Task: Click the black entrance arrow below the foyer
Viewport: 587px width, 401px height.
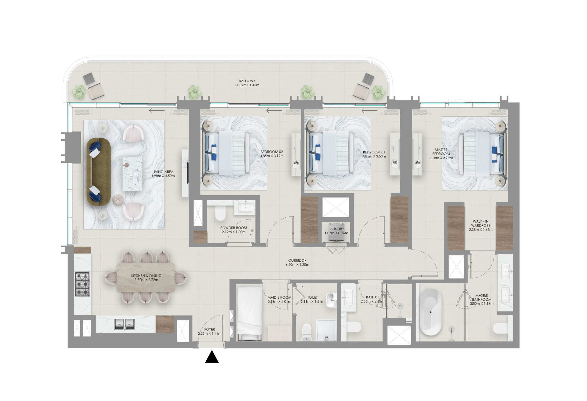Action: pyautogui.click(x=212, y=357)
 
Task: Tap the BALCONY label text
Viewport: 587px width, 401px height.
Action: pyautogui.click(x=247, y=81)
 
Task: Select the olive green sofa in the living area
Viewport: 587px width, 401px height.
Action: pyautogui.click(x=99, y=172)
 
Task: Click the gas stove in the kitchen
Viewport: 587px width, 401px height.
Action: pyautogui.click(x=82, y=284)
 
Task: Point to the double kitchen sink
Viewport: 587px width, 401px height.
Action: pyautogui.click(x=124, y=324)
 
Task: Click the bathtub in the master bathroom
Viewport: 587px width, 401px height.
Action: pyautogui.click(x=430, y=312)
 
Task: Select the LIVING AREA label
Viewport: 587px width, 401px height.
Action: pyautogui.click(x=163, y=172)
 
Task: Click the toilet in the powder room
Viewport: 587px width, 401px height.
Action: pyautogui.click(x=220, y=214)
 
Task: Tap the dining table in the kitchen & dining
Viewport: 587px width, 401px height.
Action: pyautogui.click(x=146, y=277)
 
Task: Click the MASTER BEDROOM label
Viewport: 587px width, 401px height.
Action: pyautogui.click(x=441, y=152)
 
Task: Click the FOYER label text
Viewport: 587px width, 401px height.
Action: pyautogui.click(x=209, y=329)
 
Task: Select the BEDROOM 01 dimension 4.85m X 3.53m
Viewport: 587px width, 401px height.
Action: pyautogui.click(x=374, y=156)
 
